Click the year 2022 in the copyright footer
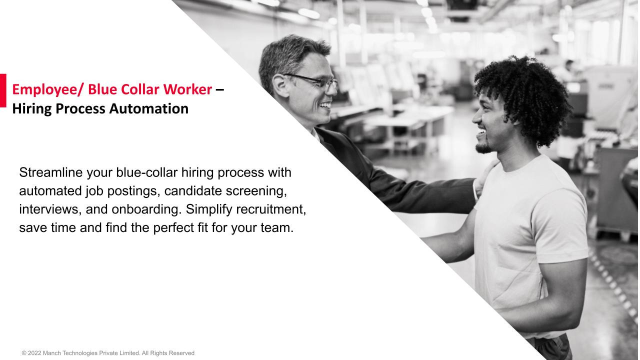(34, 353)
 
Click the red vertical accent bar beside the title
(3, 90)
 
